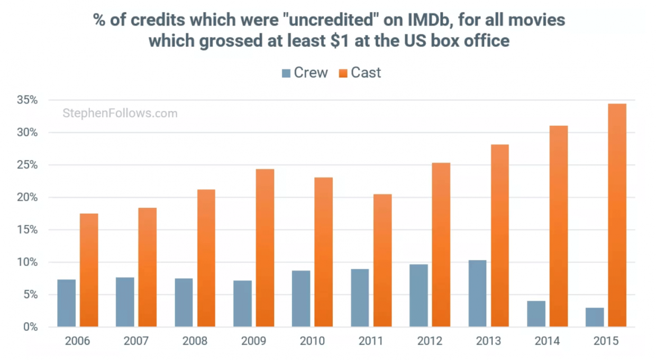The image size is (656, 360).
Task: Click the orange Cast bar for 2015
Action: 617,215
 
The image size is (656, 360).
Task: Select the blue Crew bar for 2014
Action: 536,314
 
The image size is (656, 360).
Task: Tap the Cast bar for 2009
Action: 265,248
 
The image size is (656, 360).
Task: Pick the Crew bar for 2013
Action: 477,293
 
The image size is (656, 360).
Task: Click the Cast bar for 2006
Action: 89,270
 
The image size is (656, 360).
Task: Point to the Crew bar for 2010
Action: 301,299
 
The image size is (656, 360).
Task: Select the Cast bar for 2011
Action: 382,261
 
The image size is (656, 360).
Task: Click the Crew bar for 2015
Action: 595,317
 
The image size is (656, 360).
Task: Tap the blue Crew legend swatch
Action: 286,73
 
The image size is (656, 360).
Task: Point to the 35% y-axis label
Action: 27,100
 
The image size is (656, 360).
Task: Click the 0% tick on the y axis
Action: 30,327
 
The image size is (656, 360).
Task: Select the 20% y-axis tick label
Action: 27,197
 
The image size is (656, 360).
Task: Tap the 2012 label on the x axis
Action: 429,341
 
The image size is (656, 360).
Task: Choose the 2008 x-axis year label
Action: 195,341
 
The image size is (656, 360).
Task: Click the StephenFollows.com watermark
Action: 120,113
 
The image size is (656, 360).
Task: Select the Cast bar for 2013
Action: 500,236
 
